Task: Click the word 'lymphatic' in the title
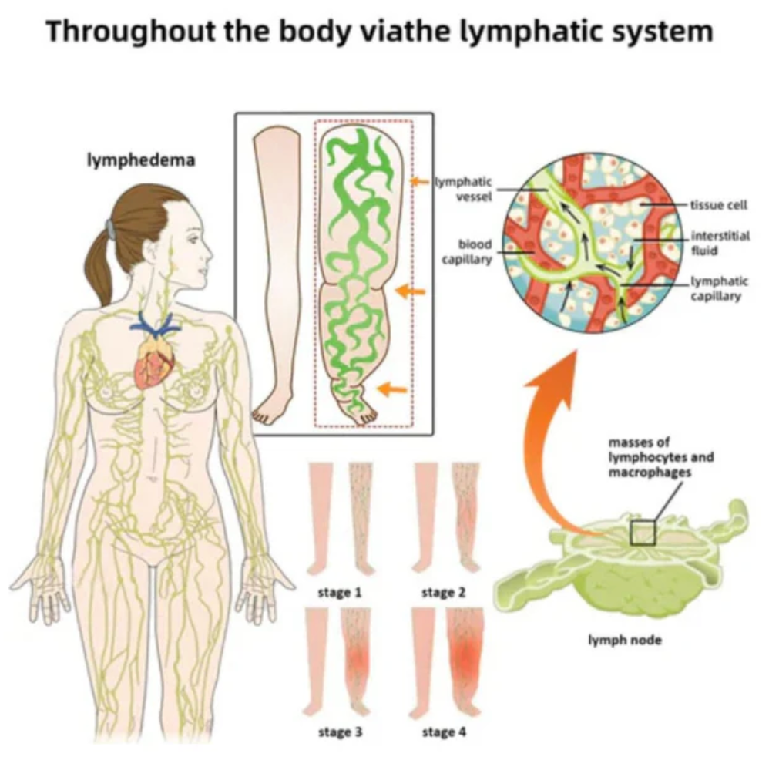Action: tap(499, 33)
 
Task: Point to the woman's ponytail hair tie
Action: tap(111, 229)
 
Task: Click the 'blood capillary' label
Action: tap(467, 252)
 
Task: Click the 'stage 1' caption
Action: tap(340, 593)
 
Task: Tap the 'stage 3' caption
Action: tap(340, 731)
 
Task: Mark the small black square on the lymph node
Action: tap(642, 533)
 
